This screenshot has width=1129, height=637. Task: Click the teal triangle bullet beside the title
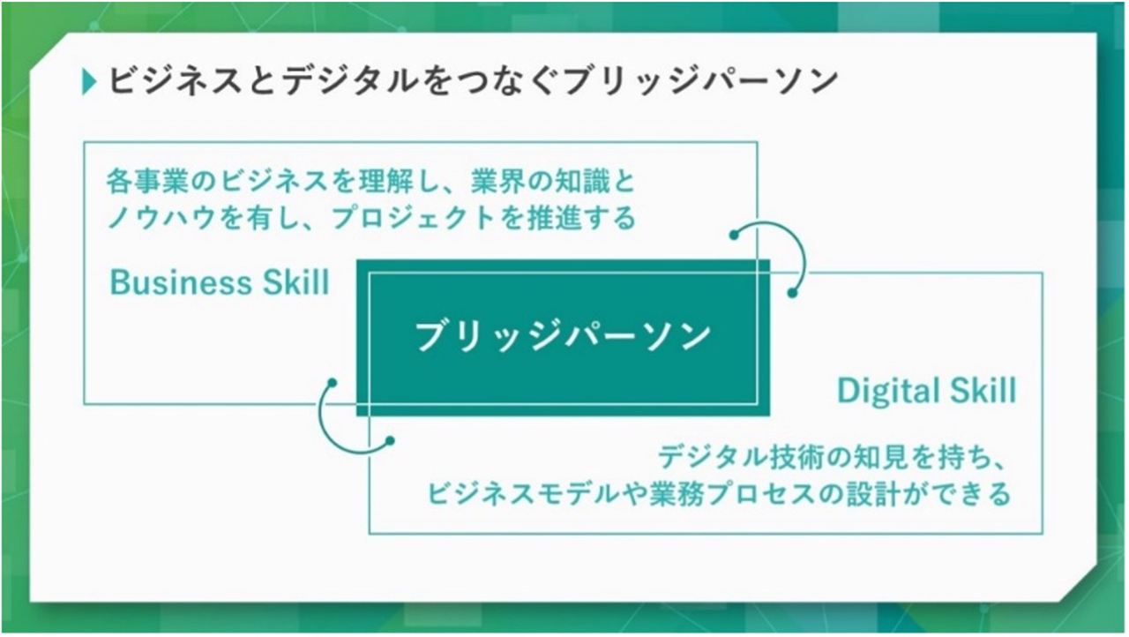point(89,82)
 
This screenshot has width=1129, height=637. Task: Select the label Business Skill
point(220,282)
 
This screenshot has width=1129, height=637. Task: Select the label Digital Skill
point(927,391)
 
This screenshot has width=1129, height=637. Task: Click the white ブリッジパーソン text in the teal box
point(563,336)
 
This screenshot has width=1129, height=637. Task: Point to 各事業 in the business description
point(147,182)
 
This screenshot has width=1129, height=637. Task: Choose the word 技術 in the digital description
point(797,458)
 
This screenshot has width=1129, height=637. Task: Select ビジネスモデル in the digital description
point(523,494)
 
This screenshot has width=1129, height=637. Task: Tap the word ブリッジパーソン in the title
point(701,80)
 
